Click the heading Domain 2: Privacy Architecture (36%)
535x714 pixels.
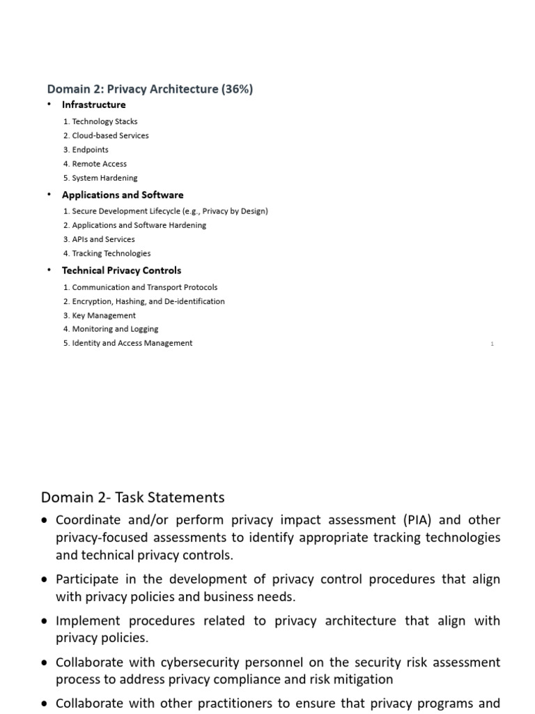[150, 89]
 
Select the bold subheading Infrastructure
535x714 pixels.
[94, 105]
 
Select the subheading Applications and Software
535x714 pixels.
[123, 195]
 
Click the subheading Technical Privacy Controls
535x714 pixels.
[121, 270]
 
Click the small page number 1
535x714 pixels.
[492, 344]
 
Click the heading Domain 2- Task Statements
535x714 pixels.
[133, 497]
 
